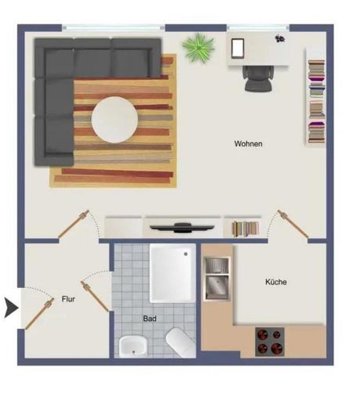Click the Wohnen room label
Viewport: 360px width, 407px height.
[x=248, y=144]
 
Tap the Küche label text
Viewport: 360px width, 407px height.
[x=276, y=282]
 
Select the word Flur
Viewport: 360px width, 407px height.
[x=68, y=299]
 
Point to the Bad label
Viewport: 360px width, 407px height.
[x=149, y=319]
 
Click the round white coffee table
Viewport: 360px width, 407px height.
[x=114, y=120]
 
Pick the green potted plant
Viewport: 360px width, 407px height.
[x=198, y=48]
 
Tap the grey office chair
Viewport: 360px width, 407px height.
[x=258, y=78]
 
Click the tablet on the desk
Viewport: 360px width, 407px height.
[x=238, y=49]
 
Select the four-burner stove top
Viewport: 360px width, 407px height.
[x=270, y=342]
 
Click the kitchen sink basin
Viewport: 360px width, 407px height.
[x=217, y=288]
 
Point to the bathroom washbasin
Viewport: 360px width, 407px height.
[x=132, y=346]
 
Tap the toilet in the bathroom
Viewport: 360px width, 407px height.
[x=180, y=343]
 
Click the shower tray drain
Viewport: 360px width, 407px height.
[x=185, y=254]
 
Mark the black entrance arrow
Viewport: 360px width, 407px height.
[x=12, y=308]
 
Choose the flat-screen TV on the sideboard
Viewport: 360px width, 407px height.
[x=182, y=228]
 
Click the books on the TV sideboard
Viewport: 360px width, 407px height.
[x=245, y=229]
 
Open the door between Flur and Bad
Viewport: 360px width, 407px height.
[x=95, y=296]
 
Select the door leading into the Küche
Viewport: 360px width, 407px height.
[x=293, y=224]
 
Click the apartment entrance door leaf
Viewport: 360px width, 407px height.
[x=40, y=314]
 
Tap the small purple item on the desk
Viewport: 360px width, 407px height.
[x=279, y=38]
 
